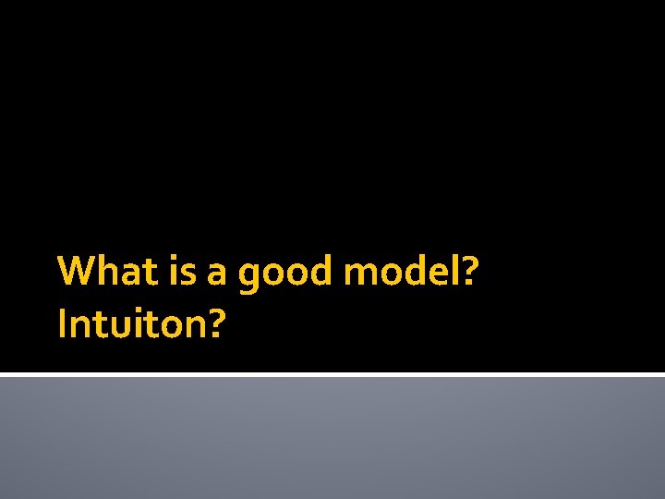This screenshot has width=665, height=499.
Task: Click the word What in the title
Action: pyautogui.click(x=102, y=273)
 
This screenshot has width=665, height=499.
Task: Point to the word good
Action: pyautogui.click(x=284, y=274)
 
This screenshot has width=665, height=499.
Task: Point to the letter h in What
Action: pyautogui.click(x=105, y=273)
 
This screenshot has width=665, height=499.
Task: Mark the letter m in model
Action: pyautogui.click(x=360, y=274)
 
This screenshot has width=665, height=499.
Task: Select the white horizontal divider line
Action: pyautogui.click(x=332, y=374)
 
